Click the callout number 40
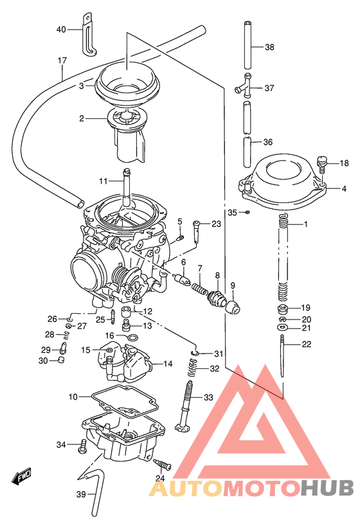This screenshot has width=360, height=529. click(61, 30)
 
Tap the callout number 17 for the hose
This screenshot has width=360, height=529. click(62, 61)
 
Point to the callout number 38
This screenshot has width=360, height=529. click(269, 47)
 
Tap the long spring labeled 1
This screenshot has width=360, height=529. click(283, 257)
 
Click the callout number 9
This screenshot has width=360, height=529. click(233, 285)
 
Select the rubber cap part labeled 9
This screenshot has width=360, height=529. click(233, 305)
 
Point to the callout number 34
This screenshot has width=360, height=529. click(61, 445)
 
